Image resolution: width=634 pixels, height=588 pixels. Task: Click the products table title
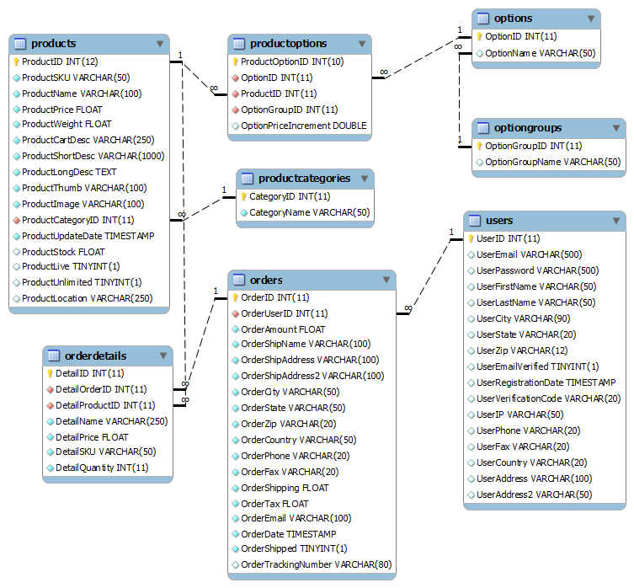pos(53,43)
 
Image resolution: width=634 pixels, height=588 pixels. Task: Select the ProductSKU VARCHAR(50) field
pos(76,77)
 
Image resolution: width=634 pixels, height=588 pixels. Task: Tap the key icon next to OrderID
pos(236,297)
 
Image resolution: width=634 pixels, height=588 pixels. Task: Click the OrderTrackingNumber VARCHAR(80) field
pos(316,564)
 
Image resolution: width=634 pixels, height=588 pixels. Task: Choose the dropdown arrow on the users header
pos(614,221)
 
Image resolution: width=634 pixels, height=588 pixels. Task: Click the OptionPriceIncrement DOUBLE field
pos(303,126)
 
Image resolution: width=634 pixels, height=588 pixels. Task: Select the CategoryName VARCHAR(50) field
pos(309,212)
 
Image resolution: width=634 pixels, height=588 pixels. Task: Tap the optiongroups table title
pos(528,128)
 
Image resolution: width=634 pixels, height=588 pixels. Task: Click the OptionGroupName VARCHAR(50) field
pos(552,162)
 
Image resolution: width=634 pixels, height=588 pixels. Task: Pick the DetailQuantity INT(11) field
pos(102,468)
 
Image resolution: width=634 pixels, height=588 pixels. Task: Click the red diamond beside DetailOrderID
pos(50,389)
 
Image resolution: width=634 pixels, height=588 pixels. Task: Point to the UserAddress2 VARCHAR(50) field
pos(534,494)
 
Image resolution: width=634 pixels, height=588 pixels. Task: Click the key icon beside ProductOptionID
pos(236,61)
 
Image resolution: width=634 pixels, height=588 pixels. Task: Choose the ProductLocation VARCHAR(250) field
pos(87,298)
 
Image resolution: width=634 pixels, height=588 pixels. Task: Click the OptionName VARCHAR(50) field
pos(540,53)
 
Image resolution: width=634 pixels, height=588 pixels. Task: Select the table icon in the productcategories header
pos(247,179)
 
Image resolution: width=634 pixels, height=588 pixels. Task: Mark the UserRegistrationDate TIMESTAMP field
pos(546,382)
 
